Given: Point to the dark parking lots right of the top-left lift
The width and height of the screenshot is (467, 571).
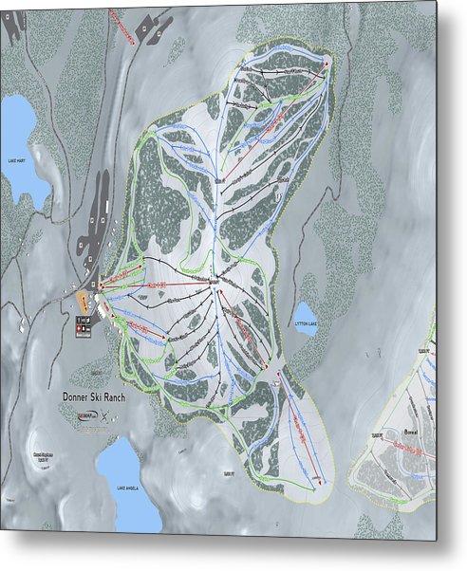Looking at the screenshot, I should pyautogui.click(x=151, y=27).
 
